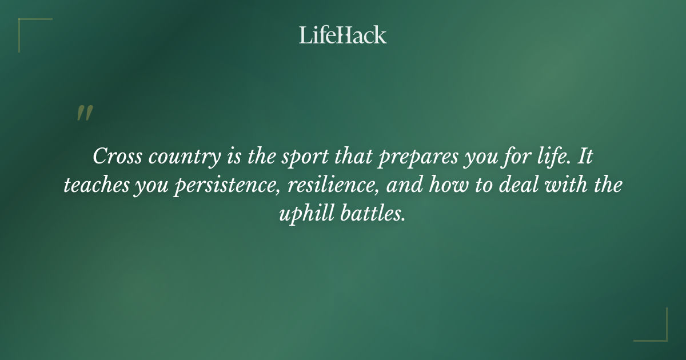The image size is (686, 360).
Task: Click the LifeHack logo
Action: pyautogui.click(x=343, y=35)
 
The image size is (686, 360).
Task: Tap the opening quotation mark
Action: pyautogui.click(x=84, y=113)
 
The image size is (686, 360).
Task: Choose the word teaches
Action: pyautogui.click(x=95, y=186)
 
